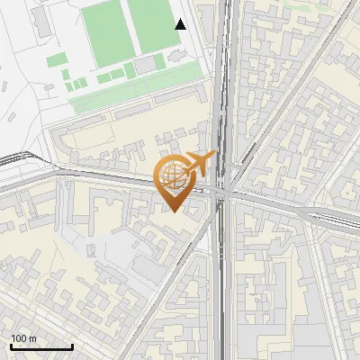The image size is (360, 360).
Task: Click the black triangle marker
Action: coord(181,24)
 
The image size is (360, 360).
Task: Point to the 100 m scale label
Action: coord(22,338)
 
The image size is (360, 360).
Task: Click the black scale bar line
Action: coord(41,346)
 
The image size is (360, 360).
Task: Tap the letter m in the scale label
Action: coord(32,338)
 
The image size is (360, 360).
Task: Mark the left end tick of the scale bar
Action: coord(11,345)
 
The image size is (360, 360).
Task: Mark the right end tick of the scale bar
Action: coord(72,345)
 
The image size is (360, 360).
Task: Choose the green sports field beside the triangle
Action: coord(150,25)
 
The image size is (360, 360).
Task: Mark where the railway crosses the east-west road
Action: coord(223,191)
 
